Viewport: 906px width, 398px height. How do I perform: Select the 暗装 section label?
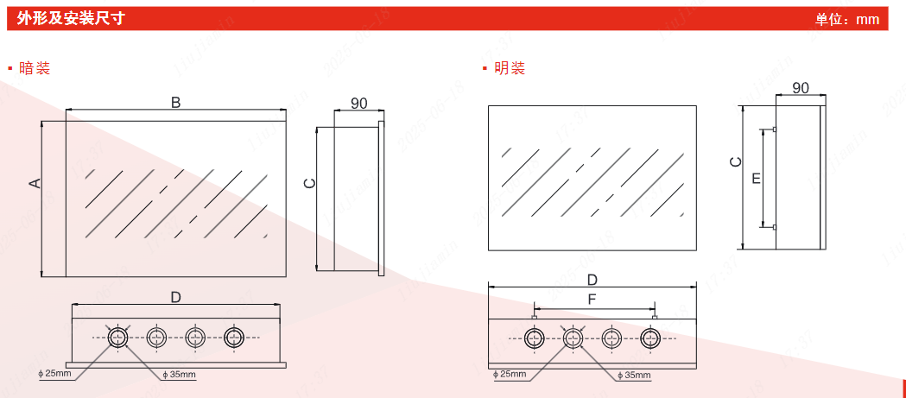point(35,68)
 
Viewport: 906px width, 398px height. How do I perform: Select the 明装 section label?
point(510,68)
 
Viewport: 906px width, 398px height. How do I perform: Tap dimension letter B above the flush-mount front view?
point(175,103)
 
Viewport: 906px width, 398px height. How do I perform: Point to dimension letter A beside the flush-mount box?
point(35,182)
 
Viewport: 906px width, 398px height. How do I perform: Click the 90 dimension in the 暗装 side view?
point(358,104)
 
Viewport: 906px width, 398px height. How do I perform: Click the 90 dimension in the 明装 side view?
point(801,88)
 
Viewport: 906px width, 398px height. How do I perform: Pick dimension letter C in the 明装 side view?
point(734,161)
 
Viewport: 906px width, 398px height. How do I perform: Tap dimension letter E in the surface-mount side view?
point(757,178)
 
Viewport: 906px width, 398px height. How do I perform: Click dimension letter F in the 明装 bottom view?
point(592,300)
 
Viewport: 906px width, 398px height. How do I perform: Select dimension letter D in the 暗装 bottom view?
point(175,297)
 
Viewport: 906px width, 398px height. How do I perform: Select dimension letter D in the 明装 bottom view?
point(592,279)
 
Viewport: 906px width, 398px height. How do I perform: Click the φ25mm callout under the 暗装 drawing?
point(56,375)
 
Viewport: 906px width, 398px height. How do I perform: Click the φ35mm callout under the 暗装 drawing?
point(180,375)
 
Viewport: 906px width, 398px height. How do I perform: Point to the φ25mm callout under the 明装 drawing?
point(510,374)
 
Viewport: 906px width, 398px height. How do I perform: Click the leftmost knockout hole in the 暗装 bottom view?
point(117,338)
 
